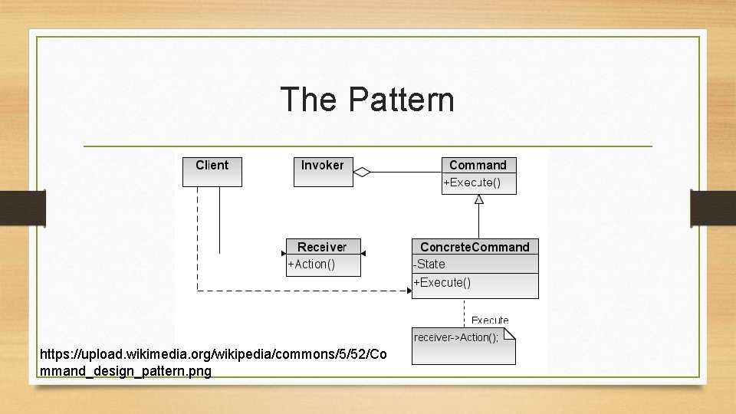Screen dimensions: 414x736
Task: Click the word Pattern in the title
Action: tap(401, 100)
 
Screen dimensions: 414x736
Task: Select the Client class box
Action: tap(212, 171)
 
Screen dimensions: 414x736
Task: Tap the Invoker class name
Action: tap(322, 165)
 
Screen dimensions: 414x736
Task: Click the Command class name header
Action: tap(478, 165)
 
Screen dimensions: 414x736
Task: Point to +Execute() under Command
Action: tap(472, 182)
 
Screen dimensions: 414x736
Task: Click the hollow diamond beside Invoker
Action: tap(361, 172)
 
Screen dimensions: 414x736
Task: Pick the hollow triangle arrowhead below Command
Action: tap(479, 199)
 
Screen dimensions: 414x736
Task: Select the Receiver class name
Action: tap(322, 247)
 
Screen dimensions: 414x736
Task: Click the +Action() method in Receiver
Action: tap(311, 264)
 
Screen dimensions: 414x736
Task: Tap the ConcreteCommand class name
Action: tap(475, 247)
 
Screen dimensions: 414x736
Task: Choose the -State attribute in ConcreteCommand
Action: tap(429, 264)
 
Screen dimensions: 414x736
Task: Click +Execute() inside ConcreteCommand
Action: tap(442, 282)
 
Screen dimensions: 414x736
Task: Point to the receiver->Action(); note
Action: tap(456, 337)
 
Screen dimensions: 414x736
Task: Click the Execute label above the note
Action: tap(489, 320)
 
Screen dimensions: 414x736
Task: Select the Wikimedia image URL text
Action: tap(215, 363)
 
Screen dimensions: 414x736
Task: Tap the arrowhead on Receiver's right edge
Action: tap(363, 253)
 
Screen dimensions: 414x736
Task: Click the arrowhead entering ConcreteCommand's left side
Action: tap(409, 290)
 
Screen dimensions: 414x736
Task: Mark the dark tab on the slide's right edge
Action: tap(713, 207)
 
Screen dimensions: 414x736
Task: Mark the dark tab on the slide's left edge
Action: tap(23, 207)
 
